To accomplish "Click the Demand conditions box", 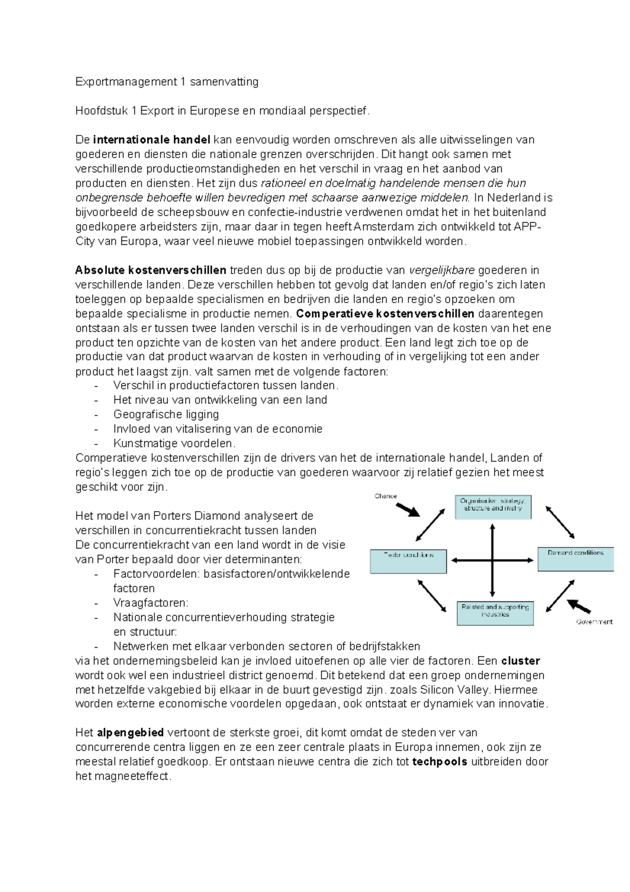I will click(x=575, y=559).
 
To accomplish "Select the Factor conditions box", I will click(x=408, y=562).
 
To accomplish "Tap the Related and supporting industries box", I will click(x=495, y=613).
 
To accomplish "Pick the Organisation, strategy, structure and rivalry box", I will click(x=492, y=507).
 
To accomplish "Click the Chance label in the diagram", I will click(x=385, y=496).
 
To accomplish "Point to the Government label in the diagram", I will click(x=594, y=622).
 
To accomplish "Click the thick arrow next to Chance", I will click(x=407, y=510).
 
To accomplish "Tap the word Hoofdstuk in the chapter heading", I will click(x=100, y=111).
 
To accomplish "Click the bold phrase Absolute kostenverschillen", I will click(x=151, y=271).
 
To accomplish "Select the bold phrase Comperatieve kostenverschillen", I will click(x=385, y=314).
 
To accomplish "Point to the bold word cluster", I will click(x=520, y=661).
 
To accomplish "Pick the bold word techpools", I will click(x=439, y=762).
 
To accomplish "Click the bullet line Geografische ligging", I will click(x=166, y=414).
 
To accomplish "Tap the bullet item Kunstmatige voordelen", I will click(x=174, y=443).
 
